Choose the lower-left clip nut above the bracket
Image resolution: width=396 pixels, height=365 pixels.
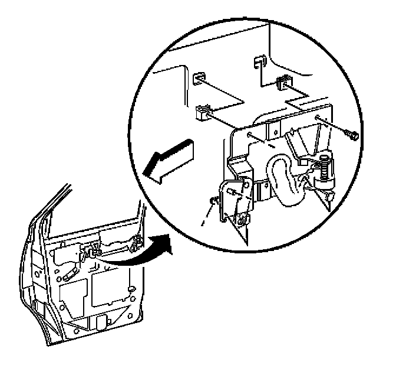click(203, 110)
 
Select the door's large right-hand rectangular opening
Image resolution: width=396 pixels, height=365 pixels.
click(111, 290)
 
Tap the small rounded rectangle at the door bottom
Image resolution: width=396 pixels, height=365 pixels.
click(99, 324)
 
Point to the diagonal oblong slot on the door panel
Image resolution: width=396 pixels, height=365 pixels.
click(69, 273)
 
